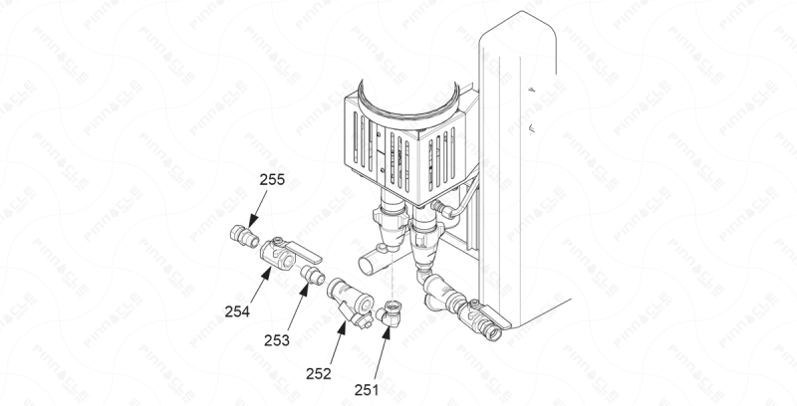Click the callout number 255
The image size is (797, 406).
coord(272,180)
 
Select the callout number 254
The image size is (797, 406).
coord(237,311)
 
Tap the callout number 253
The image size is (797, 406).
coord(277,340)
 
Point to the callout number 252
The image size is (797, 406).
coord(319,374)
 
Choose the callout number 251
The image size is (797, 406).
coord(367,390)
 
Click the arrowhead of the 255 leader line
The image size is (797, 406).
coord(253,222)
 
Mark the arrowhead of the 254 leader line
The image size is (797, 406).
coord(267,274)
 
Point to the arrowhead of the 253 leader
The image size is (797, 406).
coord(305,290)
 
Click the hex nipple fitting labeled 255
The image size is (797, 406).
coord(244,236)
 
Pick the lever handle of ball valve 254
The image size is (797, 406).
coord(303,252)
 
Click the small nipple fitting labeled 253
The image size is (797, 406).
coord(313,275)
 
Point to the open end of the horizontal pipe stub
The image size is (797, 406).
coord(366,266)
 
